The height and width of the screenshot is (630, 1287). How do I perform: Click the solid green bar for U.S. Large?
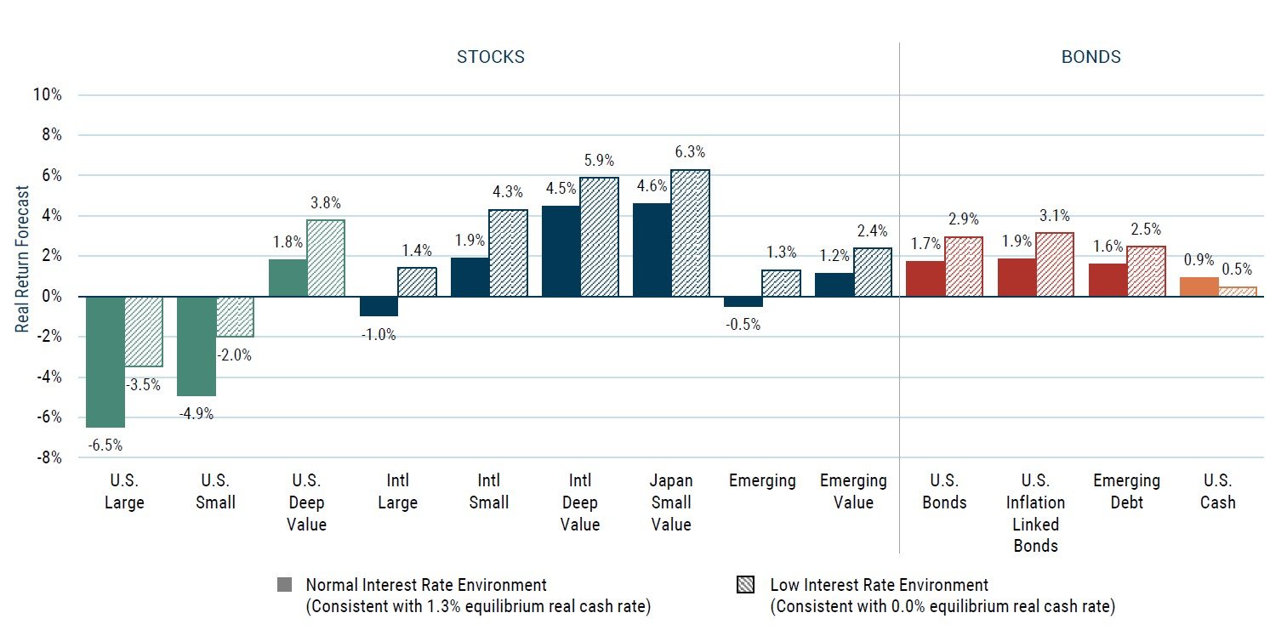[x=105, y=361]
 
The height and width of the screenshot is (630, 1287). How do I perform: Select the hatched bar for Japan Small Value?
[x=690, y=234]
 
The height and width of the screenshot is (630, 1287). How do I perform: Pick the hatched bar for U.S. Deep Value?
[x=326, y=258]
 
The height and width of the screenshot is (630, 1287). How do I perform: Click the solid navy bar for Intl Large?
[x=379, y=306]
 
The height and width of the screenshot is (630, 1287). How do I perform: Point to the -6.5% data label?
[x=105, y=444]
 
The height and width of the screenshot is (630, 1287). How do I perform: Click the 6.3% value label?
[x=690, y=152]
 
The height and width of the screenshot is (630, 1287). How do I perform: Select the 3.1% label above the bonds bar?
[x=1054, y=215]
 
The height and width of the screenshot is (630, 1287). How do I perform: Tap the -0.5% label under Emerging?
[x=743, y=324]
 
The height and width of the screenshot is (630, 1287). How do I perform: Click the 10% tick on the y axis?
[x=46, y=94]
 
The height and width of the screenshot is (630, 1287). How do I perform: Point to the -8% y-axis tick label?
[x=48, y=457]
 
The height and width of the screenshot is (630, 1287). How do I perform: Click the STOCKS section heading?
[x=491, y=57]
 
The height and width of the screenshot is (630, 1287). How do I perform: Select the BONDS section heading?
[x=1091, y=57]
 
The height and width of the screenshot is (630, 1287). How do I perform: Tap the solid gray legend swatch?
[x=284, y=585]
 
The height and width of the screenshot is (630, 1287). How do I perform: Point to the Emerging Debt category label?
[x=1127, y=491]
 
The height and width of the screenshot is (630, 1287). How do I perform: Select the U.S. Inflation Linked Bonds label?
[x=1035, y=513]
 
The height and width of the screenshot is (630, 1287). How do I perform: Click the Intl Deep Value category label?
[x=579, y=502]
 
